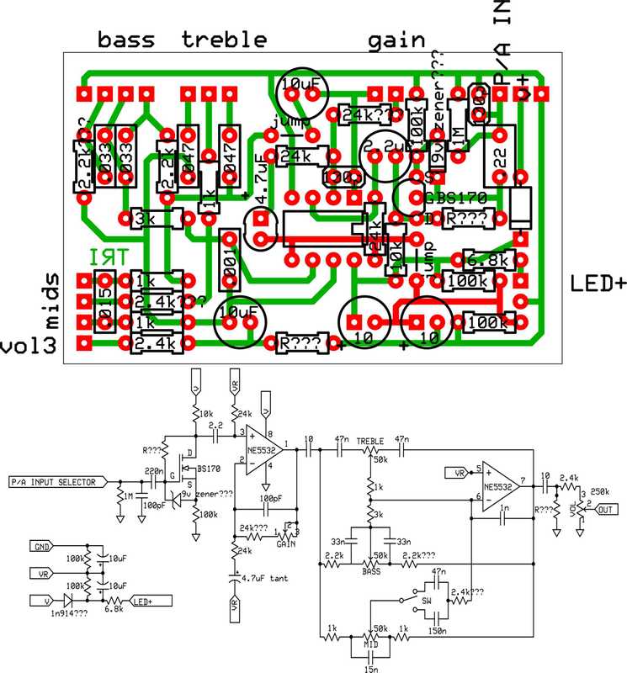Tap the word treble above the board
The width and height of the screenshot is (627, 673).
point(225,39)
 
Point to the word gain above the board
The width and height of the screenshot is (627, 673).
point(395,39)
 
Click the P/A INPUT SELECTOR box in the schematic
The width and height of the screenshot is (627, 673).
point(57,483)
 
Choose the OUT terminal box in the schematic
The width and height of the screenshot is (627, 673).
point(607,508)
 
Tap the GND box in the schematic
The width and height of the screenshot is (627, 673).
point(42,545)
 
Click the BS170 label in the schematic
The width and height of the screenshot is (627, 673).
point(209,468)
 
